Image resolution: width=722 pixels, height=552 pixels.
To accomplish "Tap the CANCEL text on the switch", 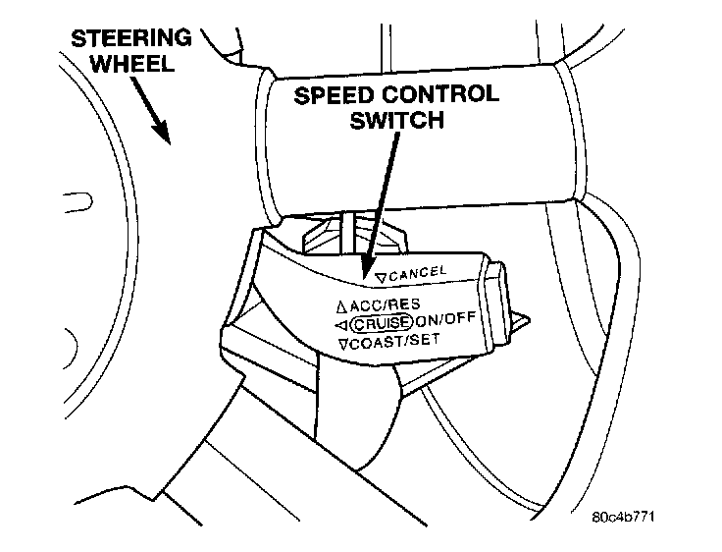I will (x=416, y=272).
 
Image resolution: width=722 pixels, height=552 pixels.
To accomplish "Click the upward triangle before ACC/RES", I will (x=340, y=308).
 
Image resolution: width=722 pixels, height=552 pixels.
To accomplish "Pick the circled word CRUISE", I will (x=378, y=323).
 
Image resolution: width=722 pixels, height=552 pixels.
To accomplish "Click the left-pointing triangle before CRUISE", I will (x=340, y=325).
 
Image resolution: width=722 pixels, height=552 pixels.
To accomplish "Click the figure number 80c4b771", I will (x=651, y=516).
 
